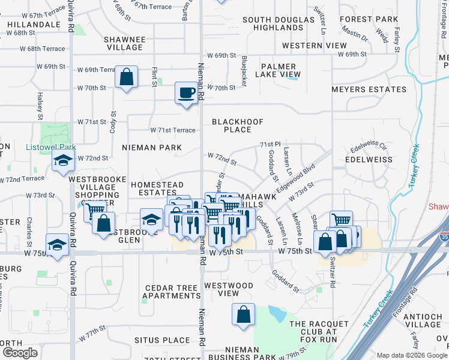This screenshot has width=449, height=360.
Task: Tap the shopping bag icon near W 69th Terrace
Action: (127, 77)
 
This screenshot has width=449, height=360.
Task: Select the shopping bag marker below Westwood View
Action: (243, 314)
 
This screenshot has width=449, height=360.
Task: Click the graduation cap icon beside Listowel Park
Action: (62, 160)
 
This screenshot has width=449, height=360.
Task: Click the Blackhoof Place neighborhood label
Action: (238, 125)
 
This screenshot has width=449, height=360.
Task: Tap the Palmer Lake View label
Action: (277, 70)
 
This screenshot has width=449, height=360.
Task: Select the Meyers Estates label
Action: (369, 89)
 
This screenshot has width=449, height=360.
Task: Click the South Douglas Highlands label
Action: (278, 24)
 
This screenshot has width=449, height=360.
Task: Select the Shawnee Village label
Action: (125, 44)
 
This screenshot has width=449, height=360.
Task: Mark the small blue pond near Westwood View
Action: (277, 313)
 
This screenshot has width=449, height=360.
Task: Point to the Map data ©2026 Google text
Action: (411, 355)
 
